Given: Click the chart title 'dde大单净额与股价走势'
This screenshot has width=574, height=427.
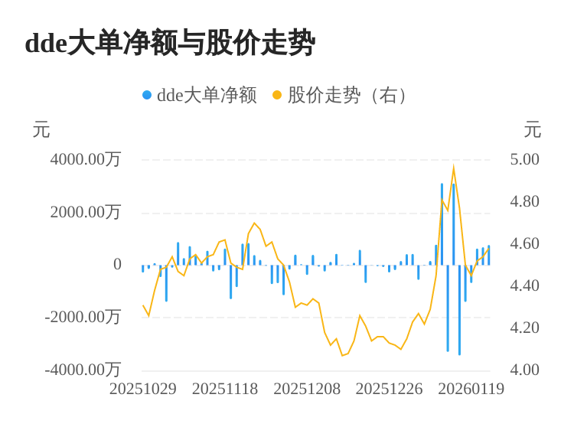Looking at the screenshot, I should pyautogui.click(x=170, y=43).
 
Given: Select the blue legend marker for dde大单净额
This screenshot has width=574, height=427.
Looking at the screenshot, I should pyautogui.click(x=147, y=95).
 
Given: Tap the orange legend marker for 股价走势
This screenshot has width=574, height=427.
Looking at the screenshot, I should pyautogui.click(x=277, y=95).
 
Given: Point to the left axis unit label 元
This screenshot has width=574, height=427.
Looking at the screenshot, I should pyautogui.click(x=41, y=130).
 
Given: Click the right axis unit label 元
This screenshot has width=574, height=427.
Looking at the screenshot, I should pyautogui.click(x=533, y=130).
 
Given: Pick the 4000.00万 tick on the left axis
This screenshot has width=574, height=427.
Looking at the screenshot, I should pyautogui.click(x=86, y=159).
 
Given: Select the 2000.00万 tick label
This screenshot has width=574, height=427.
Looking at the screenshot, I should pyautogui.click(x=86, y=212).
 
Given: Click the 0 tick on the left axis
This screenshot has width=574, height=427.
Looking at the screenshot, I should pyautogui.click(x=117, y=264).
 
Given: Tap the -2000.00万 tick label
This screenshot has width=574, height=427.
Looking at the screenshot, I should pyautogui.click(x=83, y=317).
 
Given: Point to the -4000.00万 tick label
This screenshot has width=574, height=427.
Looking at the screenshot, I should pyautogui.click(x=83, y=370).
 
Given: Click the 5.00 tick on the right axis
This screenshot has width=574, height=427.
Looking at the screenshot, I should pyautogui.click(x=525, y=159).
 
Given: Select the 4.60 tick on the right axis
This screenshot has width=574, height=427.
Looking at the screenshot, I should pyautogui.click(x=525, y=243).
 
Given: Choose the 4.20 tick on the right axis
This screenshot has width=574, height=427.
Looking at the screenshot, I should pyautogui.click(x=525, y=328).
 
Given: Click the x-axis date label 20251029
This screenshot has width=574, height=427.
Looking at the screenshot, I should pyautogui.click(x=143, y=389).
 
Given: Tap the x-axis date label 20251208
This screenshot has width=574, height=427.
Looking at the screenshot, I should pyautogui.click(x=307, y=389).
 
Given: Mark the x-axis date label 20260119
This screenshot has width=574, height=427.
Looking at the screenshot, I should pyautogui.click(x=471, y=389).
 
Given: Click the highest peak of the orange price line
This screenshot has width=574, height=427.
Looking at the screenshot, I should pyautogui.click(x=454, y=168).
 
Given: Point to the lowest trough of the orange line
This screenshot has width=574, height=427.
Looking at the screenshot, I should pyautogui.click(x=343, y=355).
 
